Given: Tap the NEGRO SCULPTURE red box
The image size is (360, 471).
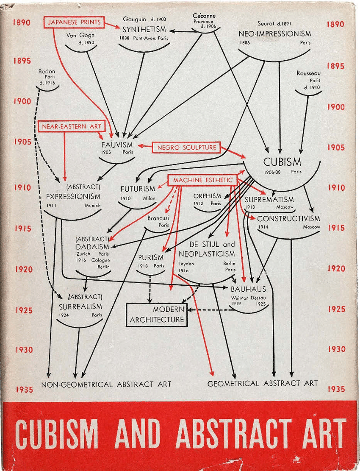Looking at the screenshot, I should (x=187, y=147).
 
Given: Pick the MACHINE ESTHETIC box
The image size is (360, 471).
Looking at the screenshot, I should (x=202, y=180).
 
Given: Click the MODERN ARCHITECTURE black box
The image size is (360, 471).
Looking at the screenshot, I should (x=157, y=315).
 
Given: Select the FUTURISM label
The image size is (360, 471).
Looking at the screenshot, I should (x=138, y=189).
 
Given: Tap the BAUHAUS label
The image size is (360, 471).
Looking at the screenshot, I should (x=248, y=289).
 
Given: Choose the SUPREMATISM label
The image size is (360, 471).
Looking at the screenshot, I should (x=269, y=199).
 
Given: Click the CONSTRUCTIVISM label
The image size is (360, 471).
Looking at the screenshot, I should (x=288, y=219).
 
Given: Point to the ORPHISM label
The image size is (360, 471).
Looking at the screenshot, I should (x=208, y=196).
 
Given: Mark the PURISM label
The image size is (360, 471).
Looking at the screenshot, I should (x=151, y=257).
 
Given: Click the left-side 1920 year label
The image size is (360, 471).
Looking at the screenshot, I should (x=22, y=269).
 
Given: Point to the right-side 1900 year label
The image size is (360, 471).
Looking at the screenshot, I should (x=336, y=107).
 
